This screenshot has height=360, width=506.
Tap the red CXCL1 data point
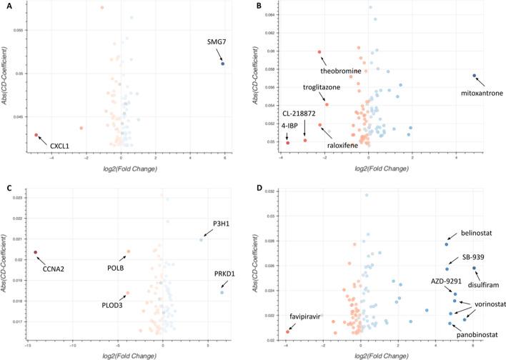(x=36, y=134)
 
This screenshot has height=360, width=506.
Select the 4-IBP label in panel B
(x=281, y=124)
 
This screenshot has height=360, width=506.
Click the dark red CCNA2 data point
(x=36, y=252)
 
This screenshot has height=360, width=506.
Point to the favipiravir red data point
(x=288, y=331)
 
